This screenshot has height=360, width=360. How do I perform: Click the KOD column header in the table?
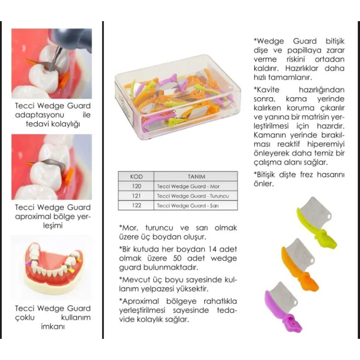click(136, 176)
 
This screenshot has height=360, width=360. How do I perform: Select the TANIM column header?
click(196, 176)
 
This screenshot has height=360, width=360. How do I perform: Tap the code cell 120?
click(136, 186)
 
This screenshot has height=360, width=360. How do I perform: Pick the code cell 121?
click(136, 196)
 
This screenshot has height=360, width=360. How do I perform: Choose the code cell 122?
click(136, 206)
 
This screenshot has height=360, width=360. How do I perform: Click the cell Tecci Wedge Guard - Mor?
click(188, 186)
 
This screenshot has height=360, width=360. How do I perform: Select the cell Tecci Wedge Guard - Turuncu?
click(193, 196)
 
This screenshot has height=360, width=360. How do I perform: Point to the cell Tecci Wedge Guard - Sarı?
click(188, 206)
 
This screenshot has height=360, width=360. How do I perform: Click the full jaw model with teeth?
click(52, 266)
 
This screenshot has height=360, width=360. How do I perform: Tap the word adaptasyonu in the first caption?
click(40, 115)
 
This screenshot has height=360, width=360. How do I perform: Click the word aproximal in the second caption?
click(33, 216)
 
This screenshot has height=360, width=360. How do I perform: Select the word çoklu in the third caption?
click(25, 318)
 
